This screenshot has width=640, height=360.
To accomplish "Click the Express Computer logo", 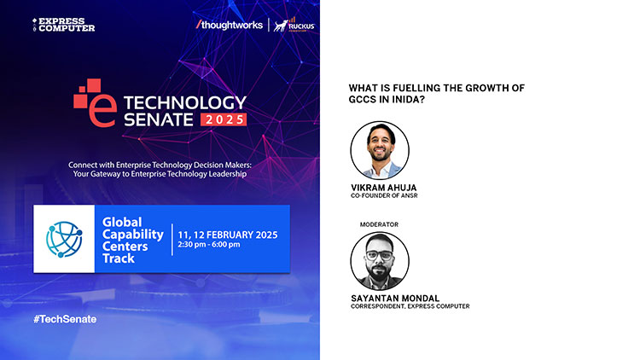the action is tap(63, 25).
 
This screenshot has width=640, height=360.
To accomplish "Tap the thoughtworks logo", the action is tap(229, 25).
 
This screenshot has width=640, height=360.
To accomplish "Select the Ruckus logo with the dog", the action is tap(294, 25).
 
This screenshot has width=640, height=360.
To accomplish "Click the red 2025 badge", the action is tap(224, 119).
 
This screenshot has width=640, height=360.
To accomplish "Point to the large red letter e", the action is tap(102, 111).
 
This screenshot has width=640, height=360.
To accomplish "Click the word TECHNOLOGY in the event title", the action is tap(185, 103).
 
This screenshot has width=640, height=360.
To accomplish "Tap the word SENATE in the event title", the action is tap(159, 119).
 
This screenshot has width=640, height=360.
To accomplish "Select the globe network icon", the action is tap(64, 239).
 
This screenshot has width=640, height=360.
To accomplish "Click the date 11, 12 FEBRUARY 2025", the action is tap(227, 235).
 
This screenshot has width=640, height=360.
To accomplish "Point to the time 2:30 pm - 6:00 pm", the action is tap(208, 245).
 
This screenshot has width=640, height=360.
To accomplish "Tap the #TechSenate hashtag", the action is tap(65, 319).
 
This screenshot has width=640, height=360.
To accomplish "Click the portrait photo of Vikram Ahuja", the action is tap(380, 150).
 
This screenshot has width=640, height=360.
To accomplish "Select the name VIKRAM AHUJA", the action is tap(384, 188).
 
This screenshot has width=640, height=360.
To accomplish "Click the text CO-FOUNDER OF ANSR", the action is tap(384, 196).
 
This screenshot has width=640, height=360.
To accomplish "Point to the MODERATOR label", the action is tap(379, 224).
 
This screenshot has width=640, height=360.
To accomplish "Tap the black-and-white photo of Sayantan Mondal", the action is tap(380, 261).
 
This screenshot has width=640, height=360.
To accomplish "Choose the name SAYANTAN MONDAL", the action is tap(395, 299).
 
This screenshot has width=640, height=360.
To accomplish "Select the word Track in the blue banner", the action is tap(119, 258).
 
